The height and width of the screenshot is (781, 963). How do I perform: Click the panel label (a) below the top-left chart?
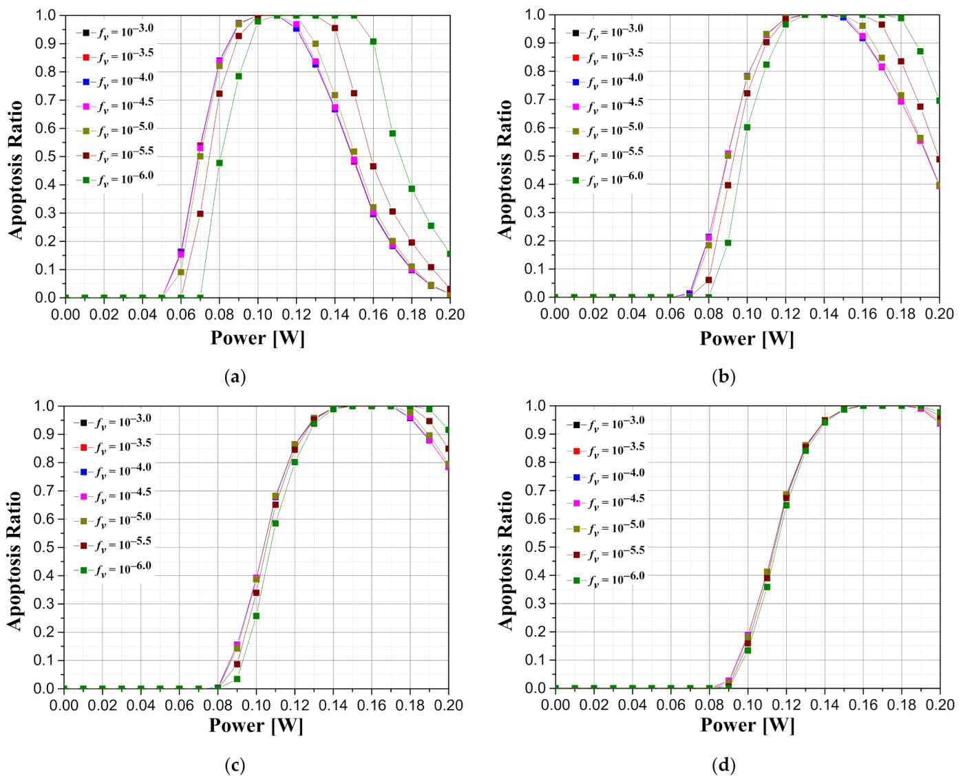point(235,376)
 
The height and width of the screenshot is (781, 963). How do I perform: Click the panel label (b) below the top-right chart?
point(724,376)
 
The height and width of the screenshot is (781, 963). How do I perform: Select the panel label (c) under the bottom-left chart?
point(235,765)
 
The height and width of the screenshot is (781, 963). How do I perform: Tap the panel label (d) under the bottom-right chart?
point(724,765)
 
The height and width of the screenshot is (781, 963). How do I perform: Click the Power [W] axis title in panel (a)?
point(257,338)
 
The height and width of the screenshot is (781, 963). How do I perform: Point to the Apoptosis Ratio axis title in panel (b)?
point(506,169)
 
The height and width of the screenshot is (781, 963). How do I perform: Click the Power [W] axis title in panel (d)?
point(748,725)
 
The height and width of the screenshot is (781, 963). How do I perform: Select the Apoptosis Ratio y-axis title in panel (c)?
point(15,560)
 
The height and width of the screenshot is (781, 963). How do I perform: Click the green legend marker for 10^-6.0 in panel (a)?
point(86,180)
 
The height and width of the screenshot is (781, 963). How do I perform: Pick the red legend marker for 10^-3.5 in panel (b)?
point(576,57)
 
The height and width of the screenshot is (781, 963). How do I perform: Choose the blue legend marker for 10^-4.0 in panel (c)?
point(84,472)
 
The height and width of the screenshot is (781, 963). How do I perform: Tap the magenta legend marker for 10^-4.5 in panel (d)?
point(577,503)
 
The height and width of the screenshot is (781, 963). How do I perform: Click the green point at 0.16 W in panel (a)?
point(373,41)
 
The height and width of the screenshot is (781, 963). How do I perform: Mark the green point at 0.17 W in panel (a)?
point(392,133)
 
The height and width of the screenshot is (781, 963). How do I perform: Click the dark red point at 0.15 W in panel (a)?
point(354,93)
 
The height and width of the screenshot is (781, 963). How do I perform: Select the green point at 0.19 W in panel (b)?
point(920,52)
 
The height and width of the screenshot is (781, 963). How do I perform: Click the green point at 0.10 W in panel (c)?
point(256,616)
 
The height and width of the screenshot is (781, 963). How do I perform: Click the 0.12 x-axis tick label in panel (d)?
point(786,705)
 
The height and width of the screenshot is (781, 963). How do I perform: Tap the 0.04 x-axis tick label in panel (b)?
point(632,314)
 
